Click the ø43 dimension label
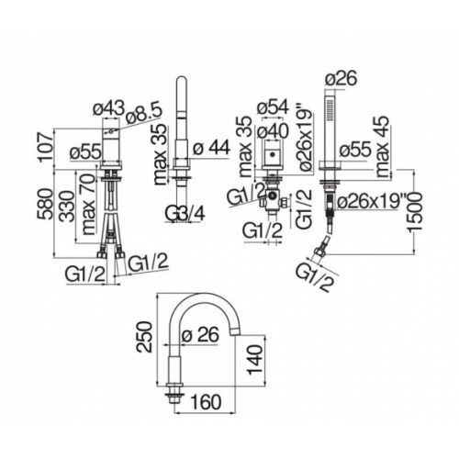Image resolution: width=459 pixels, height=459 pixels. (109, 108)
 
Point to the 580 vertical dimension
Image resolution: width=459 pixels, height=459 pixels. (45, 204)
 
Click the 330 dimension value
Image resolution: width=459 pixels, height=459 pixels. (67, 207)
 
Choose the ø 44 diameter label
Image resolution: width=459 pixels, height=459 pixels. (211, 148)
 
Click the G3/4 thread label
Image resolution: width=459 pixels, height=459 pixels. (185, 213)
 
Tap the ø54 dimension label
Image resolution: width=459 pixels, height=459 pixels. (273, 107)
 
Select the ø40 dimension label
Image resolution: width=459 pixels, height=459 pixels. (273, 131)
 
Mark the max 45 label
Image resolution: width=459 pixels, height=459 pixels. (383, 146)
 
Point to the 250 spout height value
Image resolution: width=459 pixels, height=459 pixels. (144, 337)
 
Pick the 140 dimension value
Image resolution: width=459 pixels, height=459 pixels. (255, 360)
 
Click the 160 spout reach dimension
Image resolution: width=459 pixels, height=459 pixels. (206, 402)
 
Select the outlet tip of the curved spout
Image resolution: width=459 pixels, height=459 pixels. (236, 331)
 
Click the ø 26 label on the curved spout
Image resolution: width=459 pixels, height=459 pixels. (200, 334)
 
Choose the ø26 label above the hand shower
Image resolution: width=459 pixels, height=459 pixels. (341, 78)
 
